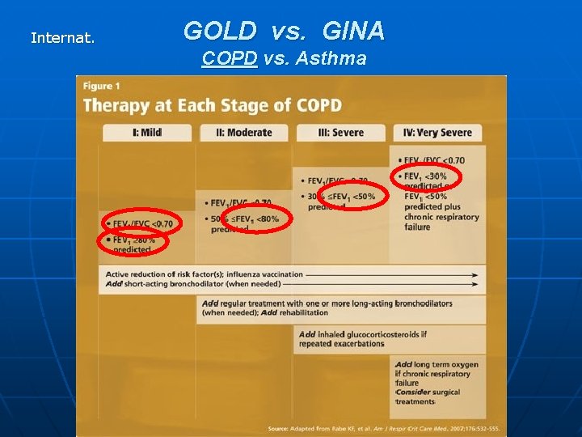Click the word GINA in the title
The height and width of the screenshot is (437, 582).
click(353, 32)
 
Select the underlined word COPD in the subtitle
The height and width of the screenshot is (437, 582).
click(229, 58)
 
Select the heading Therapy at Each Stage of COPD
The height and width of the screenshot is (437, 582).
click(212, 105)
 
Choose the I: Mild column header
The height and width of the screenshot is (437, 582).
click(146, 133)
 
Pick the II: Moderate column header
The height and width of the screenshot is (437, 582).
click(244, 133)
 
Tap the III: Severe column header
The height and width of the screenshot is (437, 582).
click(341, 133)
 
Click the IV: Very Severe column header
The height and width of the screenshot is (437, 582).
click(438, 133)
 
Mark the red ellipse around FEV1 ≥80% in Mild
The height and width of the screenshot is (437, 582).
click(132, 241)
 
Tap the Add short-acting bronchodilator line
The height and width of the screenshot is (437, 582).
click(193, 284)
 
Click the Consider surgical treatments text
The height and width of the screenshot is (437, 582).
click(428, 397)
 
